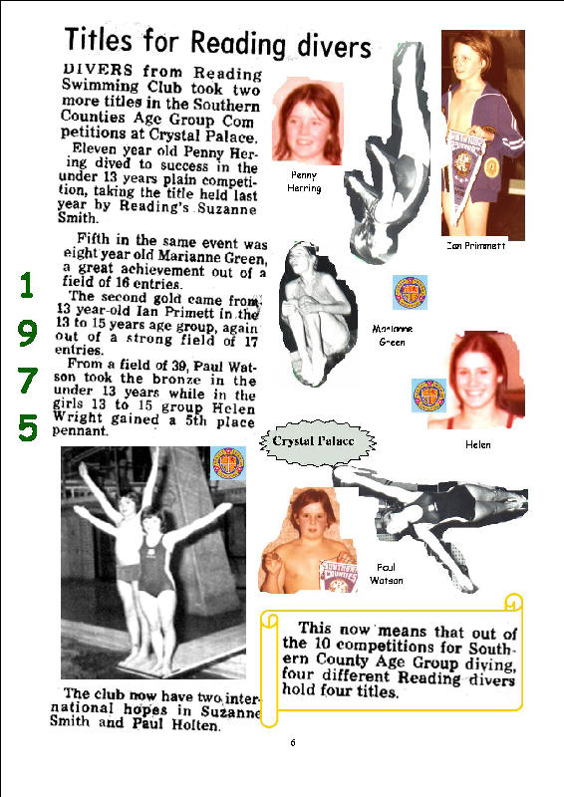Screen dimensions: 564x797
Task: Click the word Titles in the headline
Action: pyautogui.click(x=99, y=39)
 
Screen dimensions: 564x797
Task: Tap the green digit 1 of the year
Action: pyautogui.click(x=27, y=285)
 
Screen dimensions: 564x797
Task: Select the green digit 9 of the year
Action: pyautogui.click(x=28, y=333)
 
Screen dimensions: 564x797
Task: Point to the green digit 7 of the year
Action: pyautogui.click(x=28, y=381)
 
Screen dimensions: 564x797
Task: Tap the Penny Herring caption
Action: pyautogui.click(x=304, y=181)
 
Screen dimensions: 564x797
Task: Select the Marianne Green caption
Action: pyautogui.click(x=392, y=335)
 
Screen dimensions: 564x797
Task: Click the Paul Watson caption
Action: pyautogui.click(x=386, y=574)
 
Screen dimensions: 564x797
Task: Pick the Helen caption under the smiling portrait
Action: pyautogui.click(x=478, y=444)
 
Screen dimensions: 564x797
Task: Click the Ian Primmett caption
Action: pyautogui.click(x=476, y=245)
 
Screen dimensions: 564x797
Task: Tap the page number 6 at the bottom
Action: pyautogui.click(x=293, y=742)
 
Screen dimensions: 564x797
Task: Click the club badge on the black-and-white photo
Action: pyautogui.click(x=228, y=463)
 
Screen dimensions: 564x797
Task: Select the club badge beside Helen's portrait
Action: pyautogui.click(x=428, y=395)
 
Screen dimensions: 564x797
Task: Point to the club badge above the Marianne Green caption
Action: pyautogui.click(x=410, y=292)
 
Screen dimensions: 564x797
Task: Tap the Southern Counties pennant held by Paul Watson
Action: pyautogui.click(x=338, y=575)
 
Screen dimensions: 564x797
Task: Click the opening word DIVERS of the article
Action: pyautogui.click(x=98, y=70)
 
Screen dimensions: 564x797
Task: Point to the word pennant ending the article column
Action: pyautogui.click(x=80, y=431)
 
